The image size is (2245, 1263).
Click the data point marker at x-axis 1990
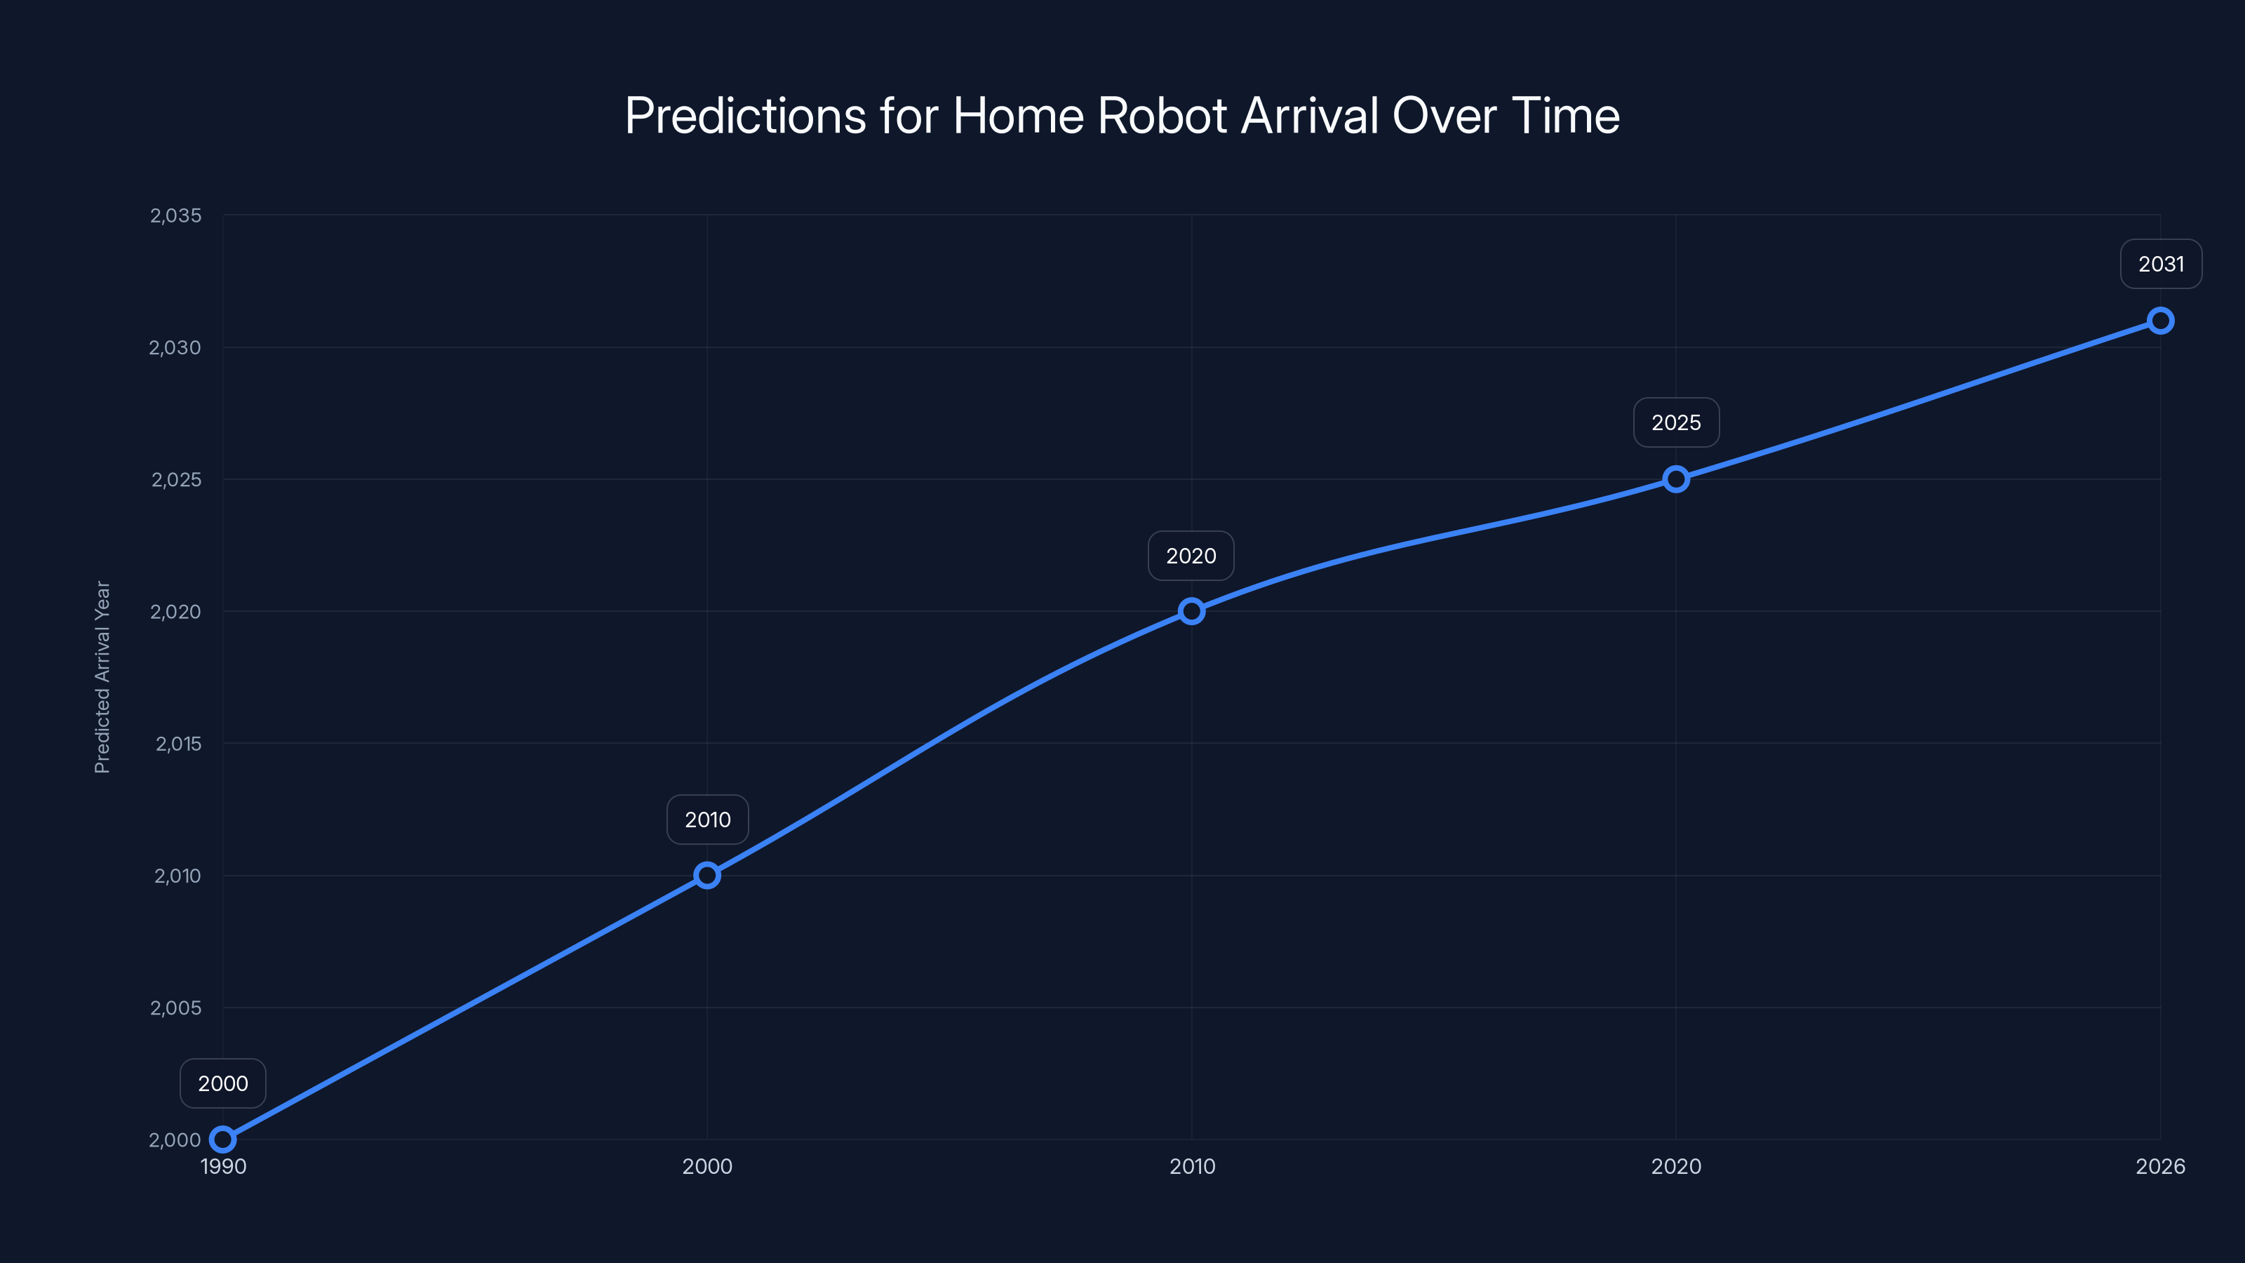(x=223, y=1140)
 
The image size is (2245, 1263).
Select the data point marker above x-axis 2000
(x=706, y=875)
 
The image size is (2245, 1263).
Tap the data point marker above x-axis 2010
(x=1191, y=611)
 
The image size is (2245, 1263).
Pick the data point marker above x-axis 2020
(x=1675, y=479)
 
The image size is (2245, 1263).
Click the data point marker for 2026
(x=2159, y=321)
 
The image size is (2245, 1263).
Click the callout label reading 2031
(x=2161, y=264)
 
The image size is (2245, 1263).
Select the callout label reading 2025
(x=1675, y=422)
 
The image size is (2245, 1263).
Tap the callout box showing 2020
(x=1191, y=556)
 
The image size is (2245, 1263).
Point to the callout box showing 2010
(x=706, y=820)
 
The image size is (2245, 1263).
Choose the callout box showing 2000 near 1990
(x=223, y=1083)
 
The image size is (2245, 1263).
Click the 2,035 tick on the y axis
(x=175, y=215)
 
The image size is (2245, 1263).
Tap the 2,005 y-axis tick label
(x=175, y=1008)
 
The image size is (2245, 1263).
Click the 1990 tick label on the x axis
(x=223, y=1166)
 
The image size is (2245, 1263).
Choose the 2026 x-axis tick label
(x=2159, y=1166)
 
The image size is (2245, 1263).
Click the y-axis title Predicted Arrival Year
(x=102, y=676)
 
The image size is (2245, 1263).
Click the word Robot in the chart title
(x=1162, y=116)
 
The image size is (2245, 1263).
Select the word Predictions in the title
(x=745, y=116)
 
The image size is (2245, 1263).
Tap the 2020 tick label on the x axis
(x=1675, y=1166)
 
